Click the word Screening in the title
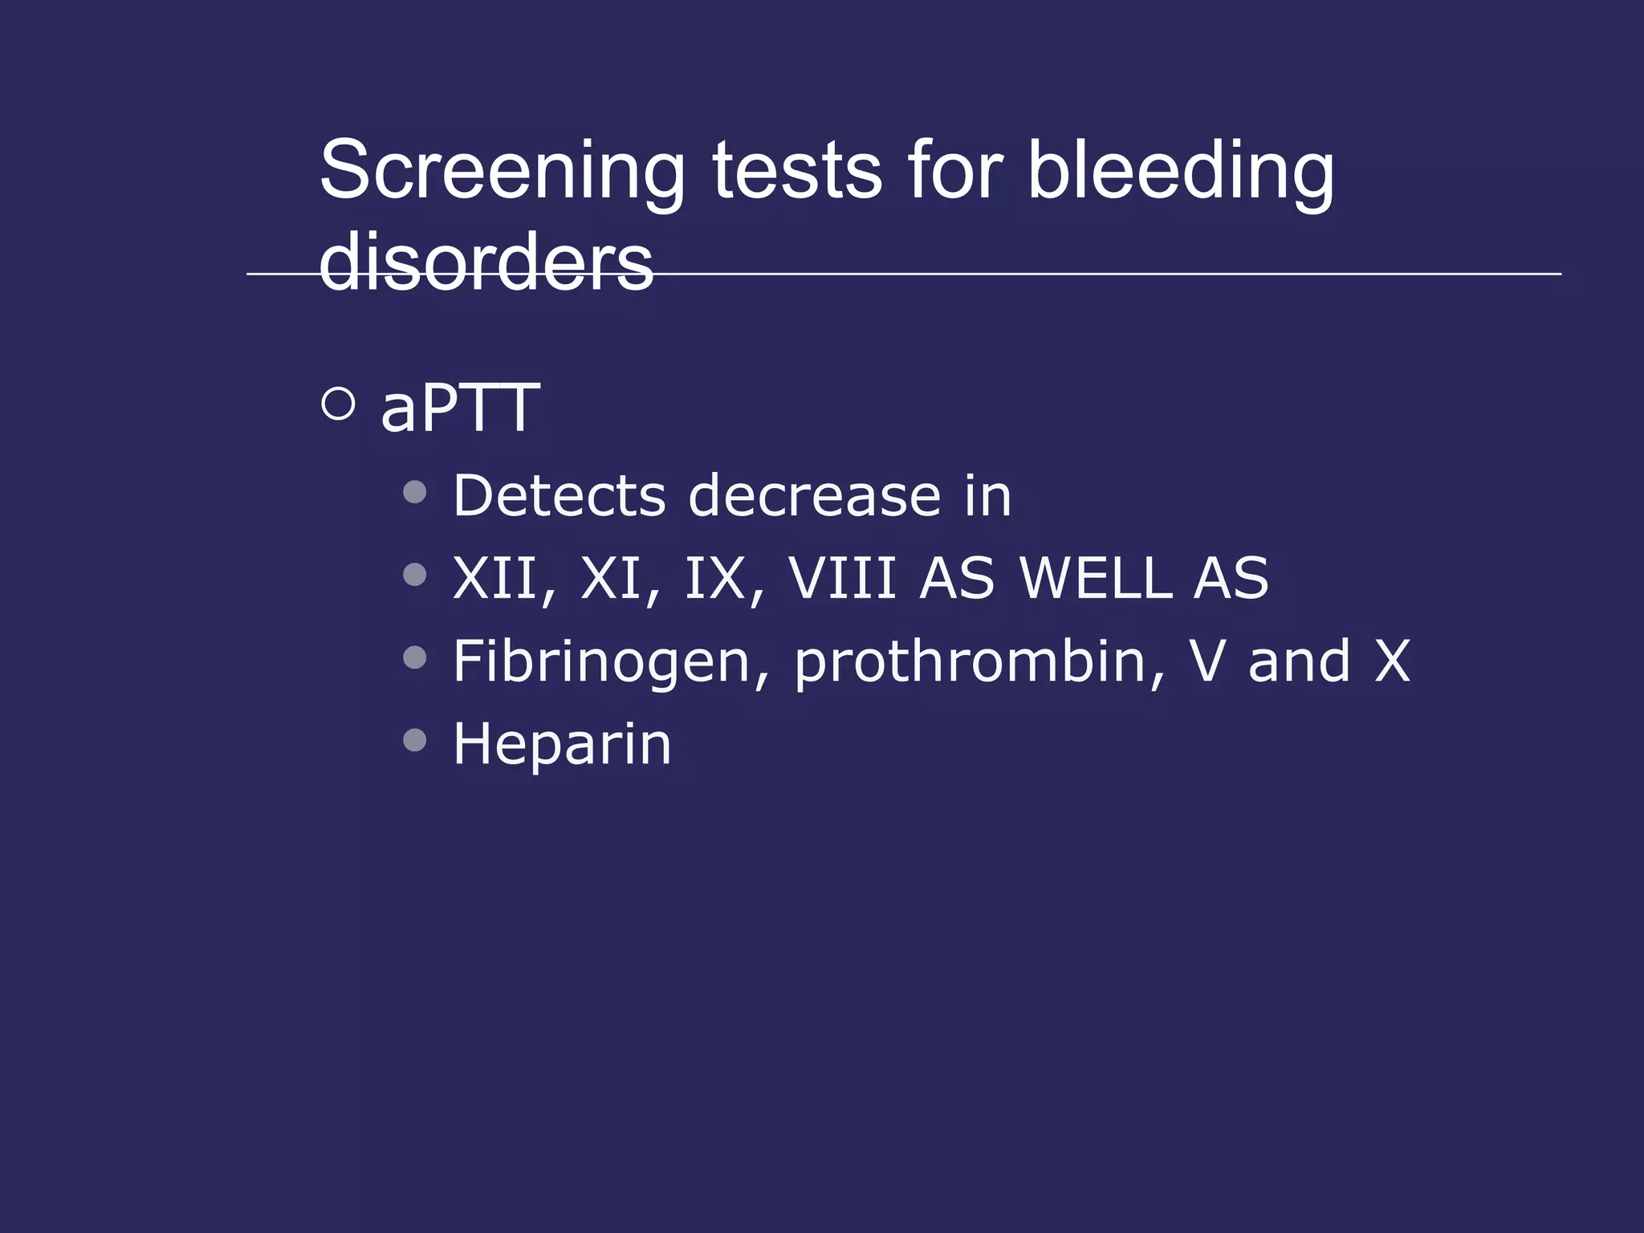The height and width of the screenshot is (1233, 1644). pyautogui.click(x=502, y=170)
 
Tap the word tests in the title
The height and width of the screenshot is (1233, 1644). pyautogui.click(x=796, y=170)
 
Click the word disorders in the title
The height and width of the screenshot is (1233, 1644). pyautogui.click(x=486, y=262)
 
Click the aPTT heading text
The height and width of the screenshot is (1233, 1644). pyautogui.click(x=459, y=408)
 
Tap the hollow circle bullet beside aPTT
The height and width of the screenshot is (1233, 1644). pyautogui.click(x=338, y=404)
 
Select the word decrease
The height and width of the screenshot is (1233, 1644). pyautogui.click(x=814, y=495)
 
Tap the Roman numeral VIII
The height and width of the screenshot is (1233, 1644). pyautogui.click(x=842, y=578)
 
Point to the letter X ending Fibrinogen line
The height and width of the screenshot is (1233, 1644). pyautogui.click(x=1392, y=661)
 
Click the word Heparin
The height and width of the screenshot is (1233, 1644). pyautogui.click(x=562, y=744)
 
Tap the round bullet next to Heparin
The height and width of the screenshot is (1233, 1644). pyautogui.click(x=415, y=739)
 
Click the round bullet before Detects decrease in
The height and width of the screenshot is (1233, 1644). pyautogui.click(x=415, y=491)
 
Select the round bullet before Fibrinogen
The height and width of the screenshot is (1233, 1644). pyautogui.click(x=415, y=657)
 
